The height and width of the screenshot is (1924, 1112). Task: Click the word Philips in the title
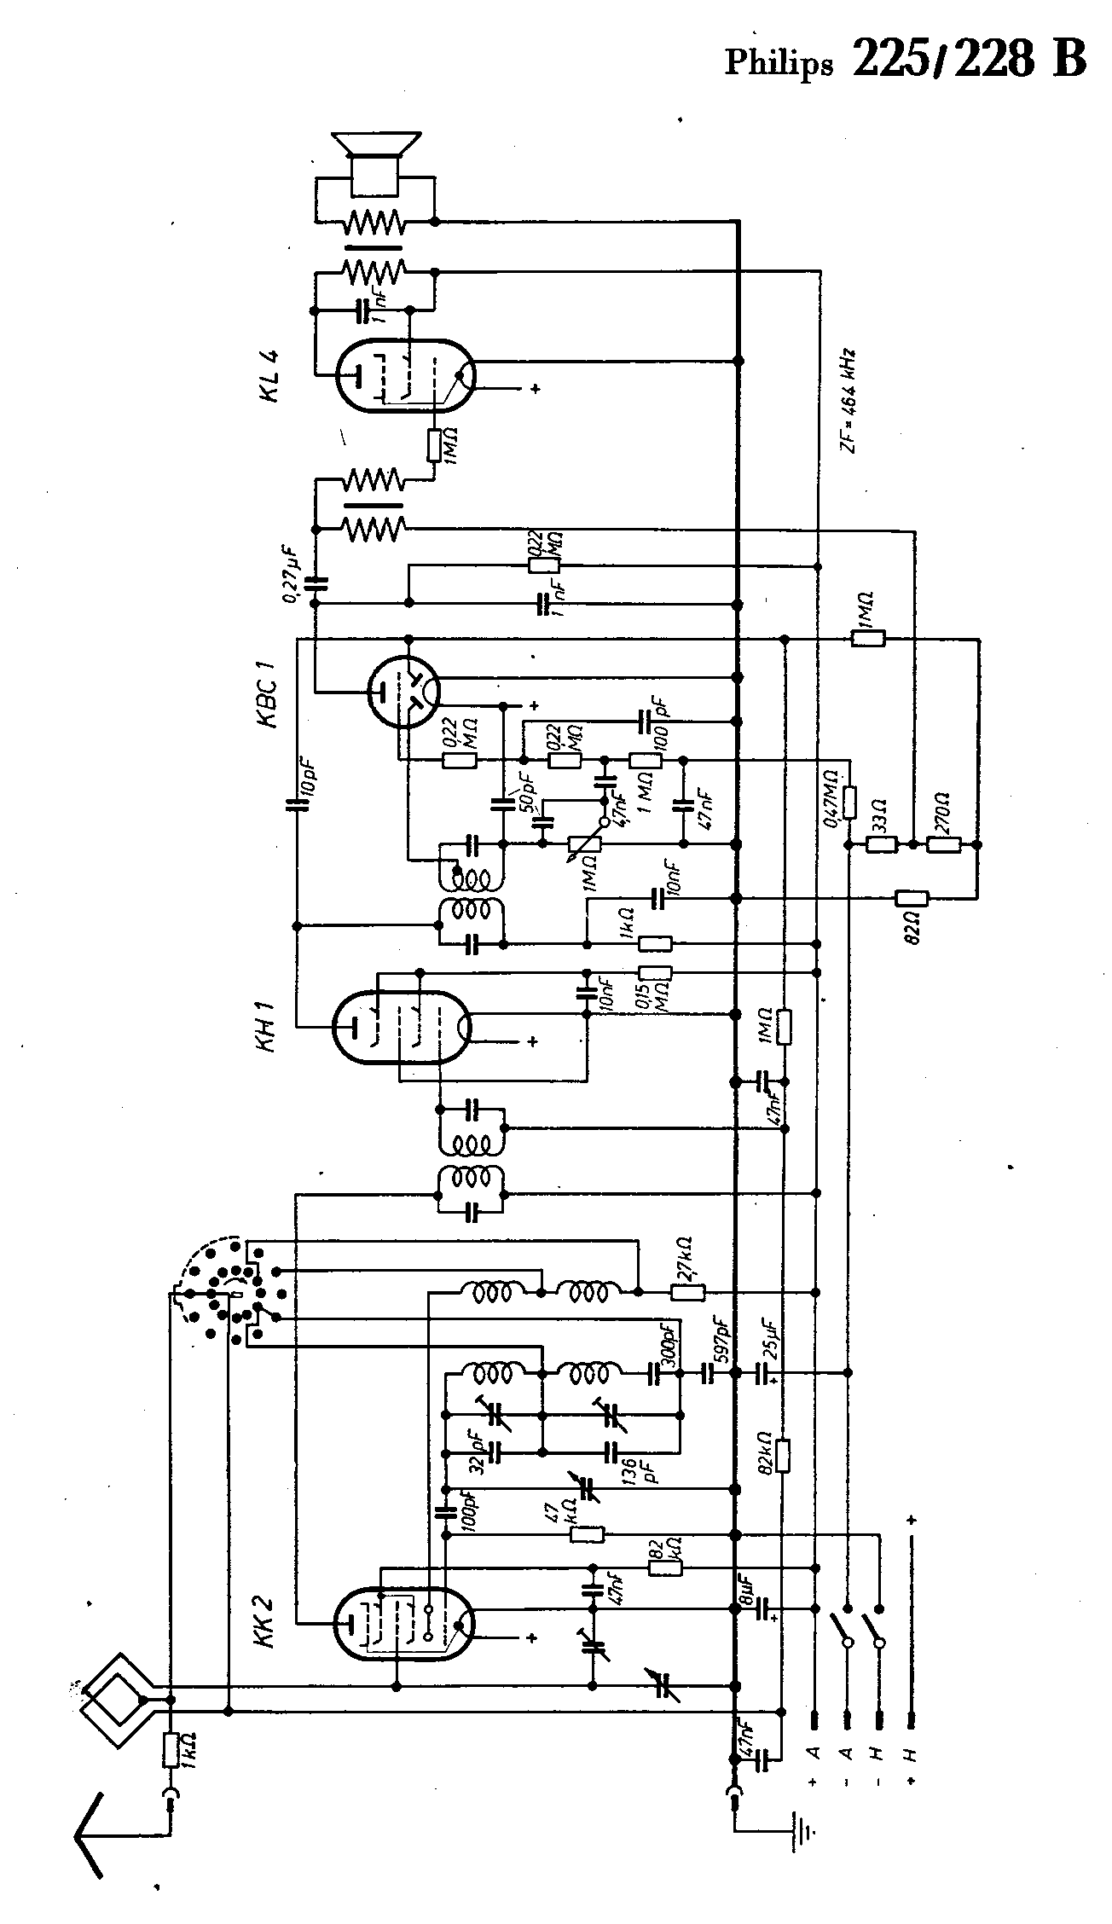coord(778,64)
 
